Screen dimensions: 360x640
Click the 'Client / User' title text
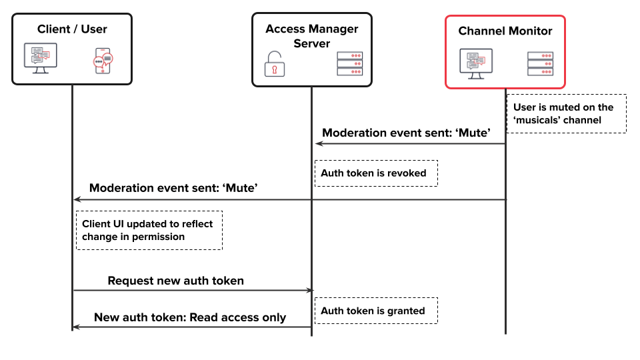coord(72,29)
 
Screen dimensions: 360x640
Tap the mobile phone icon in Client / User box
coord(103,60)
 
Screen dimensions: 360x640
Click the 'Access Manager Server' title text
coord(311,36)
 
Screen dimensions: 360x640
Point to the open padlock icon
coord(273,64)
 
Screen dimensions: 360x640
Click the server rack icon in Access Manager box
coord(349,64)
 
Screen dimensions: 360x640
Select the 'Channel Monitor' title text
coord(505,31)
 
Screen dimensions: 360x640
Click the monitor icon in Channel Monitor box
coord(475,63)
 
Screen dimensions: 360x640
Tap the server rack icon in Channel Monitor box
coord(540,63)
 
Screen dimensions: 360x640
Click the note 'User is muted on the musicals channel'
coord(566,113)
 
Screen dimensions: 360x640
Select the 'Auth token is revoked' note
coord(376,173)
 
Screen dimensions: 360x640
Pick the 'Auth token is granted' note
coord(376,311)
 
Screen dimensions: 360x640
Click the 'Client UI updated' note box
coord(149,230)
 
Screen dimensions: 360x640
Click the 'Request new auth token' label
coord(175,281)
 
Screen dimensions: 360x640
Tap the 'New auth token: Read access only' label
coord(189,317)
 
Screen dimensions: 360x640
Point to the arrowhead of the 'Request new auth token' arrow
coord(310,290)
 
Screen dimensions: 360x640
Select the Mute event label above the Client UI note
coord(173,188)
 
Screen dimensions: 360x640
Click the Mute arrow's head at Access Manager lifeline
coord(319,143)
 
